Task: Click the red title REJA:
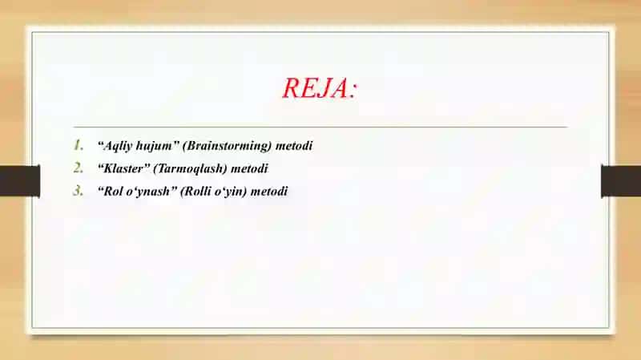pyautogui.click(x=320, y=88)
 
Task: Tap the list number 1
pyautogui.click(x=79, y=145)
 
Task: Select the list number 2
pyautogui.click(x=79, y=168)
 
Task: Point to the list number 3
pyautogui.click(x=79, y=191)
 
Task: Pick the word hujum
pyautogui.click(x=155, y=146)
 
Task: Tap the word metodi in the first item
pyautogui.click(x=294, y=146)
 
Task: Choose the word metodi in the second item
pyautogui.click(x=249, y=168)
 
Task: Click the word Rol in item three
pyautogui.click(x=113, y=192)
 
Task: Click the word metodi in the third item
pyautogui.click(x=269, y=192)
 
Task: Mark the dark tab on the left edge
pyautogui.click(x=20, y=181)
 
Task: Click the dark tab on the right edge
pyautogui.click(x=621, y=181)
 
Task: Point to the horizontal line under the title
pyautogui.click(x=320, y=127)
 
